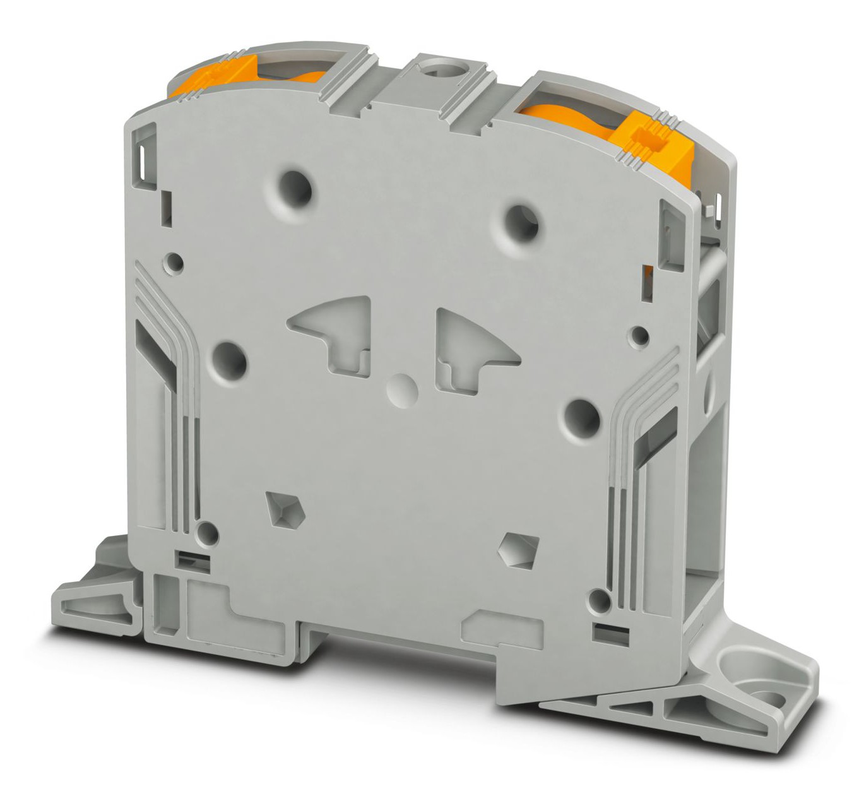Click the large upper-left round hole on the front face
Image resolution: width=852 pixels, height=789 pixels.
pos(295,187)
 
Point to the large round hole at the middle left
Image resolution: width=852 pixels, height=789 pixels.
pos(228,360)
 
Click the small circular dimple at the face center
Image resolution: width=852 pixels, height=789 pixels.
pos(402,389)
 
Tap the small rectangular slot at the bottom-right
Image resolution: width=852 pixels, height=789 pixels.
pos(606,629)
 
